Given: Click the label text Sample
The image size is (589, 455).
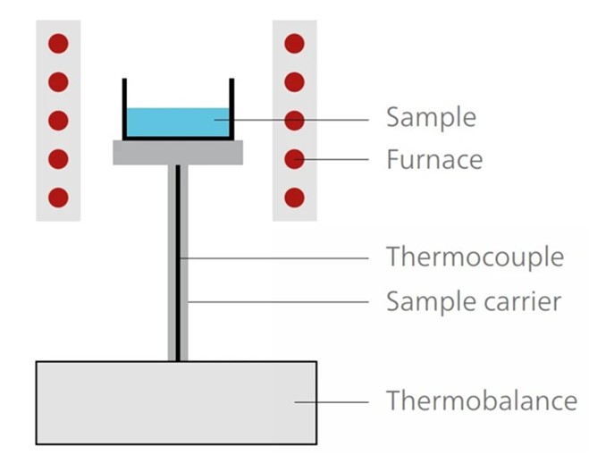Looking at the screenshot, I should [x=430, y=118].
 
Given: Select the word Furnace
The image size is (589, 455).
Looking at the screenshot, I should [x=434, y=160].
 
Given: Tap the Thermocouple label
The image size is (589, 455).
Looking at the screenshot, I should [x=475, y=257].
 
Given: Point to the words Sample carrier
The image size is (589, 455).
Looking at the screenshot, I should [x=474, y=301].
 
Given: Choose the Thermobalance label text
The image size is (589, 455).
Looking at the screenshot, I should [x=481, y=400].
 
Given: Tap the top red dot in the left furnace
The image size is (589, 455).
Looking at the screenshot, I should [x=58, y=43].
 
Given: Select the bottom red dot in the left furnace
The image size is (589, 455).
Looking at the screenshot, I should [x=58, y=197].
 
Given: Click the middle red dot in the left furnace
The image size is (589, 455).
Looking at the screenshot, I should [x=58, y=120].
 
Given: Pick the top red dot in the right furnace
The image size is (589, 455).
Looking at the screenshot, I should [x=294, y=43].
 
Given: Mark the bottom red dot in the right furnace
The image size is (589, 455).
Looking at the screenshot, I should [x=294, y=197].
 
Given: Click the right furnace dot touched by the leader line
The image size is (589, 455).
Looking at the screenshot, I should [x=294, y=159].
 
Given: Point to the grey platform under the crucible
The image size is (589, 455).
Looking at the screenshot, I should [x=178, y=153].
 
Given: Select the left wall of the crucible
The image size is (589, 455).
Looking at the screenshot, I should [x=124, y=107].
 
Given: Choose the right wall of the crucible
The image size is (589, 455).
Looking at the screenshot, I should [x=232, y=107].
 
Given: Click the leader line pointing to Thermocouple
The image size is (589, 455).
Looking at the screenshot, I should [x=277, y=257].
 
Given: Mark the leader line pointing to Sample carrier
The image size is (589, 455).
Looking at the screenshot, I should [x=277, y=301].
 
